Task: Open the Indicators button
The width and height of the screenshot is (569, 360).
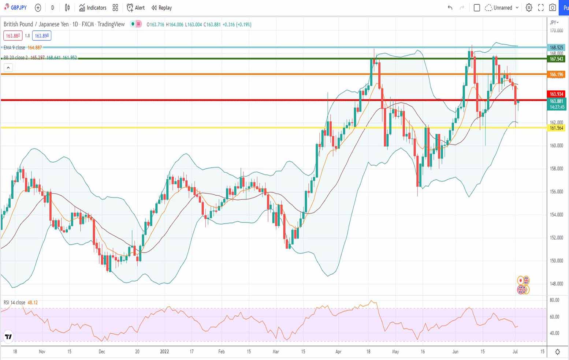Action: [93, 8]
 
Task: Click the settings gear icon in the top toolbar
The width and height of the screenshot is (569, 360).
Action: [529, 8]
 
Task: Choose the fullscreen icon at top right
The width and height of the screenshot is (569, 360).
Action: [541, 8]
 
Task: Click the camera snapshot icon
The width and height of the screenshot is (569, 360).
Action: [553, 8]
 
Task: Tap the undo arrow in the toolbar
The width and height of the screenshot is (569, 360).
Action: [450, 8]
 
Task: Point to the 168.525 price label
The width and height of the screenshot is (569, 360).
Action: [556, 48]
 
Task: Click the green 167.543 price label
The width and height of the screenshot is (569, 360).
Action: [556, 59]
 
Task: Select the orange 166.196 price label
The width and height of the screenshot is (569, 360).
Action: [556, 75]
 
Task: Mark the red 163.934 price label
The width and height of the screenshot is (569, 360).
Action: [556, 94]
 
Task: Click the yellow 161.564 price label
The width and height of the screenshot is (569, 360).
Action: [556, 128]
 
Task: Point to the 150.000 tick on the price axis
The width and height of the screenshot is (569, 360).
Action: [556, 261]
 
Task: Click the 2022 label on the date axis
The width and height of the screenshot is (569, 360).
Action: [164, 352]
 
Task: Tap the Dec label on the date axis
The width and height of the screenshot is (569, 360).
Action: [102, 352]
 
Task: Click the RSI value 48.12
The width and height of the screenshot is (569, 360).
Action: [33, 303]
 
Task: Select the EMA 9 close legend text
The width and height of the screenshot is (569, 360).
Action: [15, 48]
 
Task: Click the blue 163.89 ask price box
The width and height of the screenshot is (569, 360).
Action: [42, 36]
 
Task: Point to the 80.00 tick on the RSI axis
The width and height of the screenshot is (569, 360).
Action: [554, 300]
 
